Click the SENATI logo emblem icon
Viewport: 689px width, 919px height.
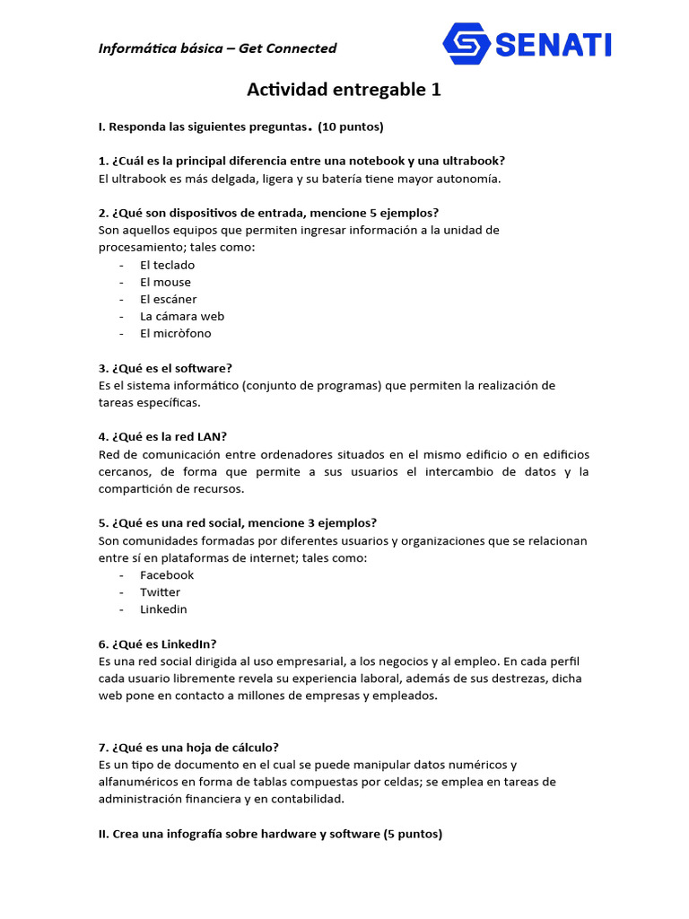click(x=467, y=43)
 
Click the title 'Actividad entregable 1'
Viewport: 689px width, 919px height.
click(x=344, y=90)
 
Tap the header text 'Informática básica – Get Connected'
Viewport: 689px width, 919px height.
click(x=217, y=48)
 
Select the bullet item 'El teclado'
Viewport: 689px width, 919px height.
click(x=167, y=265)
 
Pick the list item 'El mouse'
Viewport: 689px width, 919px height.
click(x=165, y=282)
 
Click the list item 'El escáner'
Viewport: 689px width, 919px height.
click(x=168, y=299)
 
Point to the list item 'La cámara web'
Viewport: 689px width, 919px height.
click(x=181, y=316)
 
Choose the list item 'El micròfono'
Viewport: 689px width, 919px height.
click(x=175, y=333)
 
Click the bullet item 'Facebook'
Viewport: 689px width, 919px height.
click(x=166, y=574)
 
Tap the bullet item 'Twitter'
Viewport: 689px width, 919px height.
click(x=160, y=591)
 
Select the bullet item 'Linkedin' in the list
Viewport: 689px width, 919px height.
click(x=163, y=608)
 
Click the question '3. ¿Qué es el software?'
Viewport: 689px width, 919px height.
click(x=165, y=368)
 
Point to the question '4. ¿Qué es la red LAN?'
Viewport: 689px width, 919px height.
click(x=162, y=437)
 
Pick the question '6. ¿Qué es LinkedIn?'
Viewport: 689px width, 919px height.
click(x=157, y=643)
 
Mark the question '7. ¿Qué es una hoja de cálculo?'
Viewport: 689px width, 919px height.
click(x=188, y=747)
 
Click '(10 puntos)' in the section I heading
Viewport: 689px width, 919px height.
click(x=351, y=127)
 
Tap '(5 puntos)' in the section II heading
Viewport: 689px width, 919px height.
click(x=413, y=834)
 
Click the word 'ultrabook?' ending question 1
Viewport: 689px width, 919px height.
click(x=475, y=161)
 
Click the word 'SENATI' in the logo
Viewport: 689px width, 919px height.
click(x=553, y=43)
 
